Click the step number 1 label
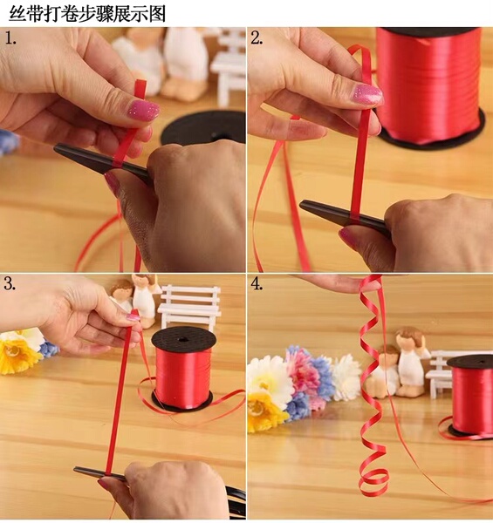pyautogui.click(x=10, y=39)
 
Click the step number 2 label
pyautogui.click(x=257, y=38)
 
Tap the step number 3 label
pyautogui.click(x=10, y=284)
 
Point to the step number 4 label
pyautogui.click(x=257, y=284)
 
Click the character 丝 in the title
pyautogui.click(x=17, y=14)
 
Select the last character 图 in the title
pyautogui.click(x=157, y=14)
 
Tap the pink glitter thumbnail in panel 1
pyautogui.click(x=144, y=110)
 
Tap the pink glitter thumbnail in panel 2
pyautogui.click(x=367, y=94)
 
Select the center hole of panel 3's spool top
pyautogui.click(x=182, y=340)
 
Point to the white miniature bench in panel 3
pyautogui.click(x=189, y=307)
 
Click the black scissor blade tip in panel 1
pyautogui.click(x=55, y=148)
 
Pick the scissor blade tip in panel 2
pyautogui.click(x=301, y=204)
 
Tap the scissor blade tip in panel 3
pyautogui.click(x=75, y=470)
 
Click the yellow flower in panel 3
pyautogui.click(x=16, y=352)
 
